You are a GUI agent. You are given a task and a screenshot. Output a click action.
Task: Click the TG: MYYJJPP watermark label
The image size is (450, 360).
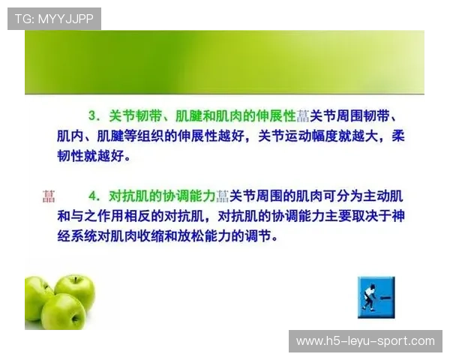[53, 19]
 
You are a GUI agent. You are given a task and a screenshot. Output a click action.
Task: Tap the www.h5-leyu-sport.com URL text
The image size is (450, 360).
[365, 341]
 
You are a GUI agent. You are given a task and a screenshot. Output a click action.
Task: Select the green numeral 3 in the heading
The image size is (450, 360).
[94, 116]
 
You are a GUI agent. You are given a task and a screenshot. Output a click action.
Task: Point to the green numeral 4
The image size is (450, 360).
[94, 196]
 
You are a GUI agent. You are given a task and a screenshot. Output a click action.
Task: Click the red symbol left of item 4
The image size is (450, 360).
[49, 196]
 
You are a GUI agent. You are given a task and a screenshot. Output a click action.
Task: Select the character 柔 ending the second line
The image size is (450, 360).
[398, 137]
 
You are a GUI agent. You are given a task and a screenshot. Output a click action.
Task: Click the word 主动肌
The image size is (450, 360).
[384, 196]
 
